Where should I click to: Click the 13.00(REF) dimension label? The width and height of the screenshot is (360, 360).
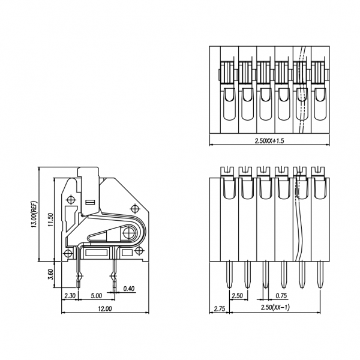(34, 215)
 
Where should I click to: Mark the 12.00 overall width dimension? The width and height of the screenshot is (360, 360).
(104, 309)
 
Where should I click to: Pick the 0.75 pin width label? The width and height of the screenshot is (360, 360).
(280, 296)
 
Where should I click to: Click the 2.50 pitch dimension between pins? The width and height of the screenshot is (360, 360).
(237, 296)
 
